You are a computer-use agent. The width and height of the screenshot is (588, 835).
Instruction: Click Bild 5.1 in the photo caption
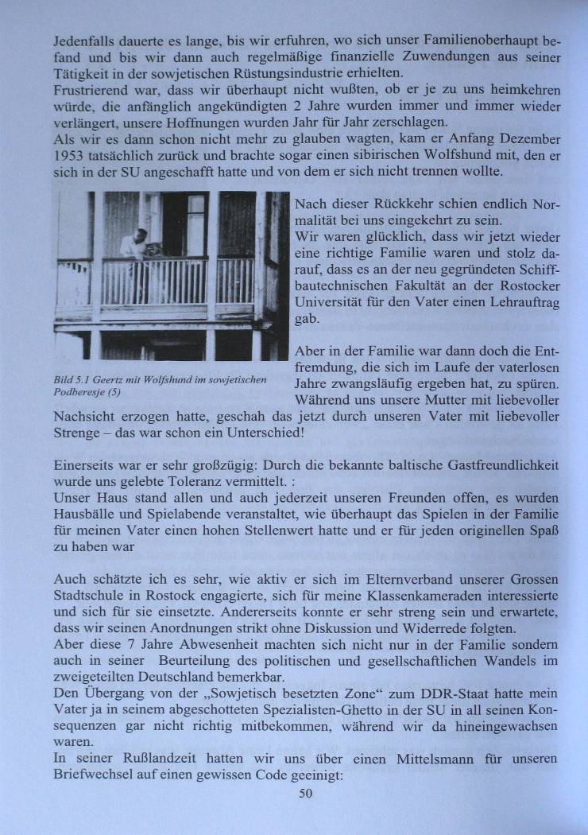click(x=69, y=380)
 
